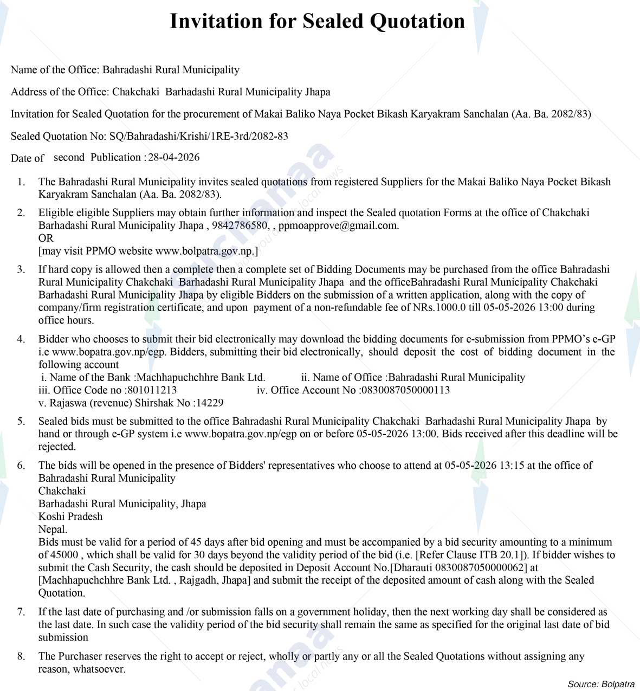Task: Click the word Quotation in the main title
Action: pyautogui.click(x=417, y=22)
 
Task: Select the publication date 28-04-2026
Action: pyautogui.click(x=174, y=158)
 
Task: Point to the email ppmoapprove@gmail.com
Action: pyautogui.click(x=338, y=225)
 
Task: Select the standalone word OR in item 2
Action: pyautogui.click(x=46, y=238)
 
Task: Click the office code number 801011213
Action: pyautogui.click(x=151, y=390)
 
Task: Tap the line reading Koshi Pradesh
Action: pyautogui.click(x=70, y=516)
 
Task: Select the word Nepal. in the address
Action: pyautogui.click(x=53, y=529)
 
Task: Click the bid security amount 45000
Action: pyautogui.click(x=65, y=555)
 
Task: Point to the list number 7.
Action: pyautogui.click(x=21, y=612)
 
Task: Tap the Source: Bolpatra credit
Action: pyautogui.click(x=600, y=684)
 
